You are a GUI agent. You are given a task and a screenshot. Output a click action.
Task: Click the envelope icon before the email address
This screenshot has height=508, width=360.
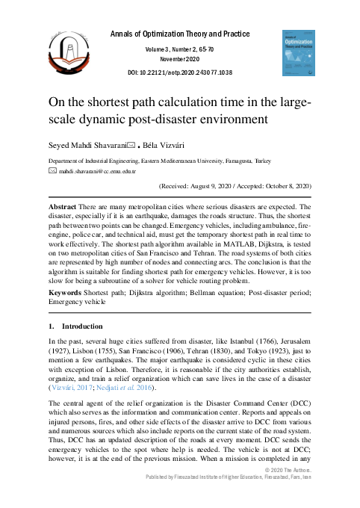tap(53, 171)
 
